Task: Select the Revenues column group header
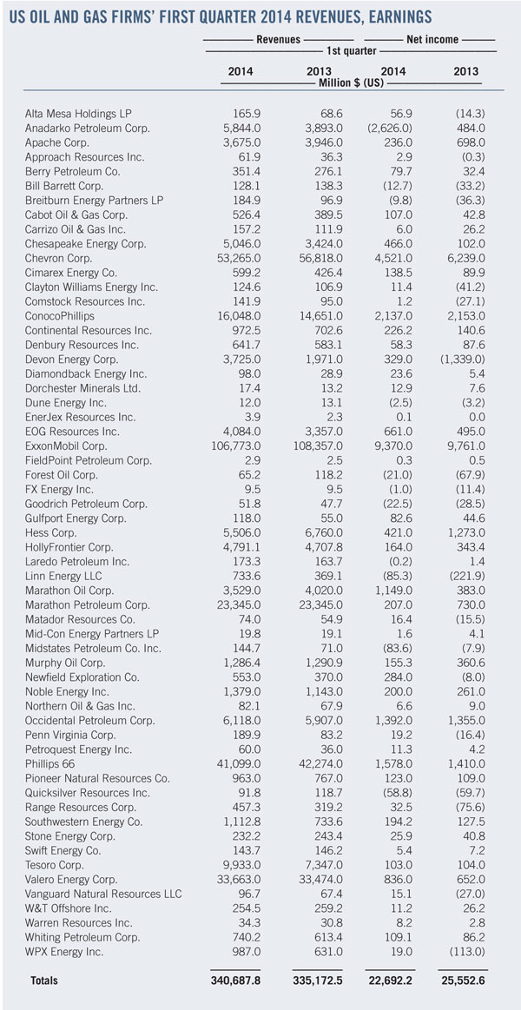tap(278, 39)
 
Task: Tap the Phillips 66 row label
tap(54, 762)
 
